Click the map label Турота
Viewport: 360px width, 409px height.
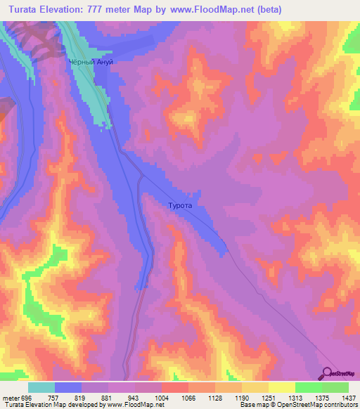click(x=180, y=207)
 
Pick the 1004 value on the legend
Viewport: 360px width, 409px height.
click(x=162, y=397)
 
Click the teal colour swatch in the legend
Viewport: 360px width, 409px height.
click(x=41, y=387)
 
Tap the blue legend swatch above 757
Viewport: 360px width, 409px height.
click(x=68, y=387)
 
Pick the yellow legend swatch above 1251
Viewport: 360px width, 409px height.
click(x=255, y=387)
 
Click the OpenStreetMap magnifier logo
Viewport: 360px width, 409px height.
click(x=327, y=373)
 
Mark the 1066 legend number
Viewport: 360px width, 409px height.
click(x=188, y=397)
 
